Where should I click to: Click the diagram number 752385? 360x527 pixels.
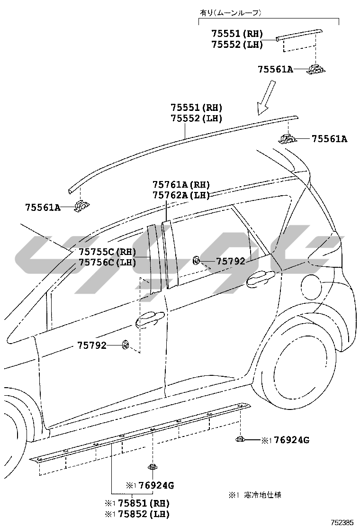pyautogui.click(x=342, y=523)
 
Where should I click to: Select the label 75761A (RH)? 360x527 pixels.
pyautogui.click(x=181, y=184)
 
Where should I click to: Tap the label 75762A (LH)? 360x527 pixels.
pyautogui.click(x=181, y=195)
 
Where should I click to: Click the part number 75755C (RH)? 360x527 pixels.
pyautogui.click(x=107, y=252)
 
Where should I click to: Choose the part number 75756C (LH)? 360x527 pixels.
pyautogui.click(x=107, y=262)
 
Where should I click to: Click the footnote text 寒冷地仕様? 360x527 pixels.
pyautogui.click(x=262, y=495)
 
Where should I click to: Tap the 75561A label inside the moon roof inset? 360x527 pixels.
pyautogui.click(x=275, y=69)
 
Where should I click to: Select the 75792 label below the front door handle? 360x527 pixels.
pyautogui.click(x=92, y=346)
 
